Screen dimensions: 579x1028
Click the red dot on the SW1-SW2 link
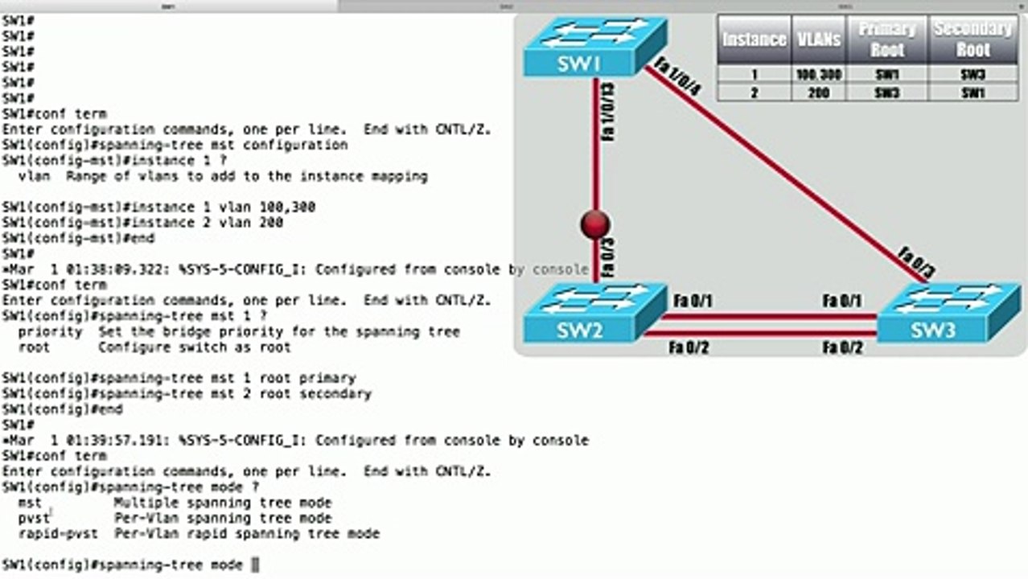point(594,225)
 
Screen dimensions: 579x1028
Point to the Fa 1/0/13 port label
point(608,111)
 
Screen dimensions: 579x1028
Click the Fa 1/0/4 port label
point(677,77)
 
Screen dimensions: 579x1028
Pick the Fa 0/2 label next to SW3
point(842,347)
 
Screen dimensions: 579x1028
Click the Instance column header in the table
point(754,39)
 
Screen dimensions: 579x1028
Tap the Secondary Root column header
point(972,39)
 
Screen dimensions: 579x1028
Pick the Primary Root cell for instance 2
point(886,92)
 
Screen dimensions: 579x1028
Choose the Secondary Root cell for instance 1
point(972,75)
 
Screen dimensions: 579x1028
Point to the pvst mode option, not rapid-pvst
point(34,519)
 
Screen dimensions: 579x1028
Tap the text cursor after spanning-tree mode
point(255,565)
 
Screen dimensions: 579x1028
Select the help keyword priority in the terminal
point(50,331)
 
